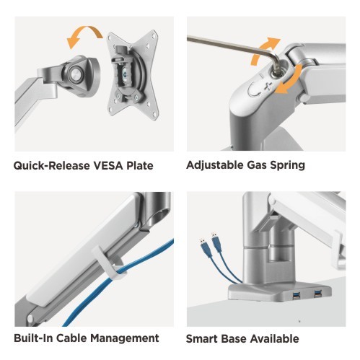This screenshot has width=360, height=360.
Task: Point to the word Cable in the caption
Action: pos(71,338)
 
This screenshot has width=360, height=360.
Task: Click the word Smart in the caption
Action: pos(201,338)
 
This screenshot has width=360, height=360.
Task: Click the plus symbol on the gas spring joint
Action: pos(268,86)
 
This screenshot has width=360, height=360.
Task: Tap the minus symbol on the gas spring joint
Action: pos(263,76)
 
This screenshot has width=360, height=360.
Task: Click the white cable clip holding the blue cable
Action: pos(107,264)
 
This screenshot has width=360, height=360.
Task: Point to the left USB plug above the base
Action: pos(203,243)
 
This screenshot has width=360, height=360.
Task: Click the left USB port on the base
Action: pos(296,296)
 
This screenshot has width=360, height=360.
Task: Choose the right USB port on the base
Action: pos(317,294)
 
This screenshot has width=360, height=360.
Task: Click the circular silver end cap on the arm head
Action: pos(76,74)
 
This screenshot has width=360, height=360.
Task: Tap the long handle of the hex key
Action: pos(231,45)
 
